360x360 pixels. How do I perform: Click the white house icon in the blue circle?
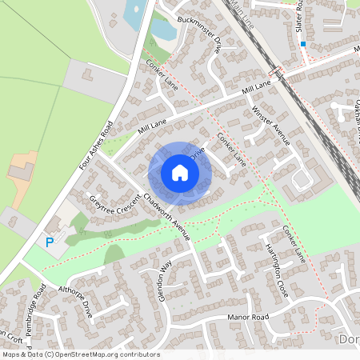tap(180, 173)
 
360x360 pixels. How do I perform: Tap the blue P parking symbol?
tap(50, 242)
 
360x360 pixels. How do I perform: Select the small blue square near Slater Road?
tap(303, 44)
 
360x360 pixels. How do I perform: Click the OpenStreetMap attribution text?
tap(80, 354)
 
